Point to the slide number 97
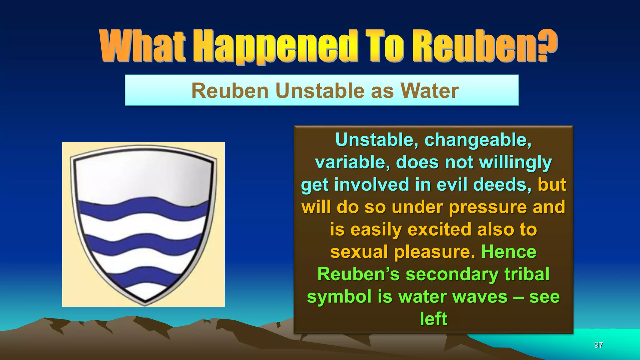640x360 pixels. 598,345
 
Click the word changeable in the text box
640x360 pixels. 478,140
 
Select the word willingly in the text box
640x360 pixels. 515,162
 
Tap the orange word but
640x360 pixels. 552,184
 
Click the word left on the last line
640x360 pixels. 433,319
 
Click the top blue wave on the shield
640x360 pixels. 143,208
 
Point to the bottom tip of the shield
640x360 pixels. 145,303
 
